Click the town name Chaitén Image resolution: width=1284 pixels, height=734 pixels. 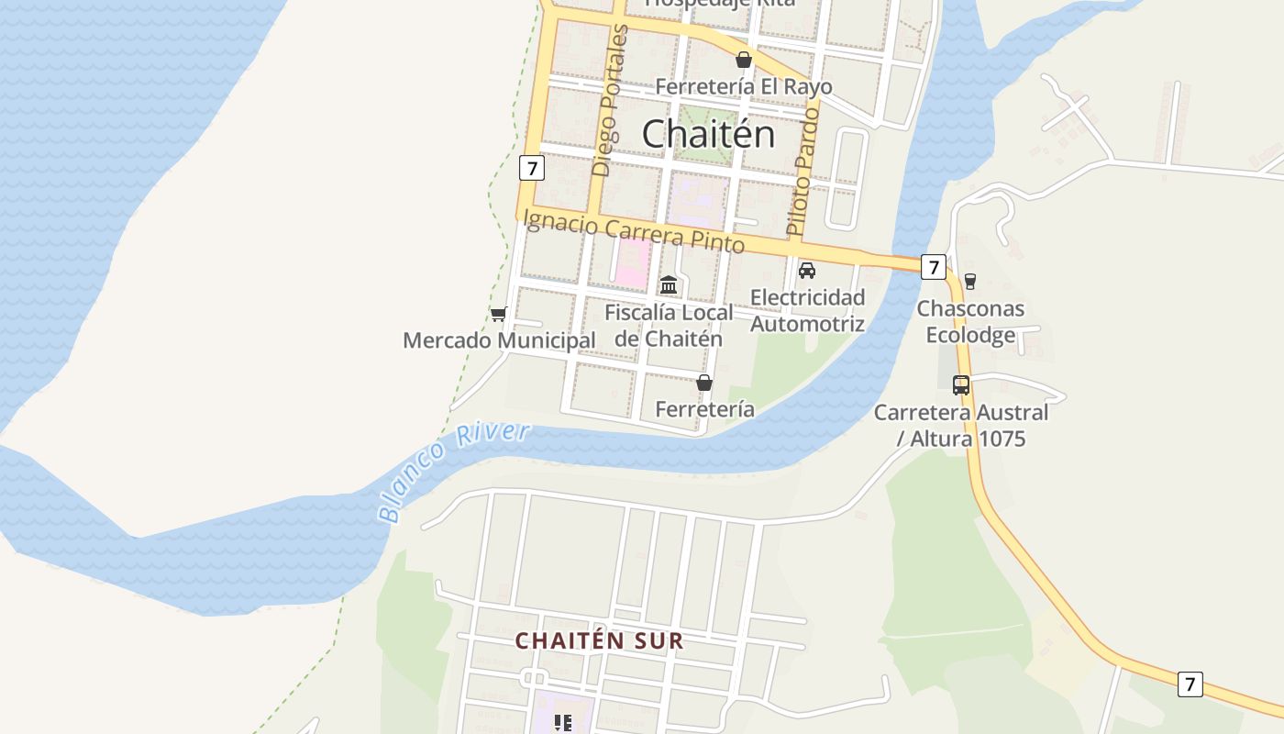pyautogui.click(x=708, y=134)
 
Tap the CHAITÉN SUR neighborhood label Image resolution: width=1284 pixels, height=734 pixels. pyautogui.click(x=600, y=640)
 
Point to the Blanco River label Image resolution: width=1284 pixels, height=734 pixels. pyautogui.click(x=454, y=471)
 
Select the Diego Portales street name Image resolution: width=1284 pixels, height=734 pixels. pyautogui.click(x=611, y=101)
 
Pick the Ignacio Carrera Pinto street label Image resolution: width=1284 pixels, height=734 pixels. pyautogui.click(x=633, y=231)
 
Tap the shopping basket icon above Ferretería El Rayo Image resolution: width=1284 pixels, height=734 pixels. pyautogui.click(x=744, y=60)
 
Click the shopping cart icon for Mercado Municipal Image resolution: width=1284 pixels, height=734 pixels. pyautogui.click(x=498, y=314)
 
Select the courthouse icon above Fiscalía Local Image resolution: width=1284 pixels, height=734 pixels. pyautogui.click(x=669, y=285)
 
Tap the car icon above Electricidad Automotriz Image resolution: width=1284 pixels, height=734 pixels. pyautogui.click(x=807, y=271)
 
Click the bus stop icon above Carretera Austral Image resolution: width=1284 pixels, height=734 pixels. pyautogui.click(x=960, y=385)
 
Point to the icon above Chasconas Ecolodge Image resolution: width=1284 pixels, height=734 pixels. pyautogui.click(x=970, y=282)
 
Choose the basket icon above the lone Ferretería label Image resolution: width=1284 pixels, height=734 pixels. pyautogui.click(x=704, y=383)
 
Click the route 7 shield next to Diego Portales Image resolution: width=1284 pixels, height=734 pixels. pyautogui.click(x=531, y=168)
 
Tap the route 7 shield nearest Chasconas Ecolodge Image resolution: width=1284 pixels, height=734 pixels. pyautogui.click(x=934, y=267)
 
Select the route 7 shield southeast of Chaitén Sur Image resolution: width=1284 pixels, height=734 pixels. pyautogui.click(x=1190, y=684)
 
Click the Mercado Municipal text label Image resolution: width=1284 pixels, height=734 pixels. pyautogui.click(x=499, y=340)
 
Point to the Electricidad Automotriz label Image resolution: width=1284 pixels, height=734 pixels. pyautogui.click(x=807, y=310)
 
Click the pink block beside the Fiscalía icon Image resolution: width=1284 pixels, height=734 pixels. pyautogui.click(x=632, y=263)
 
